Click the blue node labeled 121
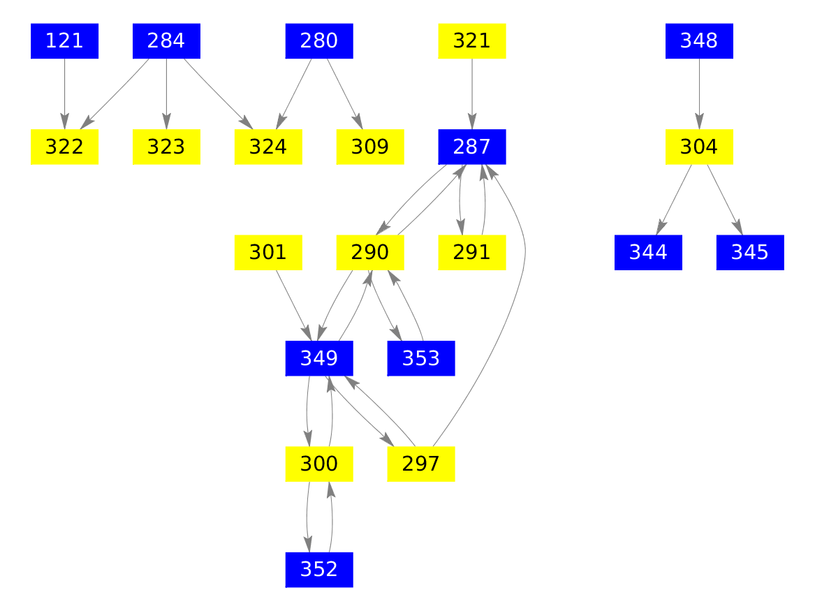64,41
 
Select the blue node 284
166,41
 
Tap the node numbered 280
319,41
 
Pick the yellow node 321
472,41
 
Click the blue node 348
699,41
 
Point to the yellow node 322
64,147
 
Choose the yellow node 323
166,147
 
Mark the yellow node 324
268,147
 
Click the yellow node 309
370,147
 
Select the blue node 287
472,147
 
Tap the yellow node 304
699,147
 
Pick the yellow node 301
268,253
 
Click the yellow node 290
370,253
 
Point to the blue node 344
648,253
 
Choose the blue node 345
750,253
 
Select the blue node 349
319,358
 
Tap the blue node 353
421,358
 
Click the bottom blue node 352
319,570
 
